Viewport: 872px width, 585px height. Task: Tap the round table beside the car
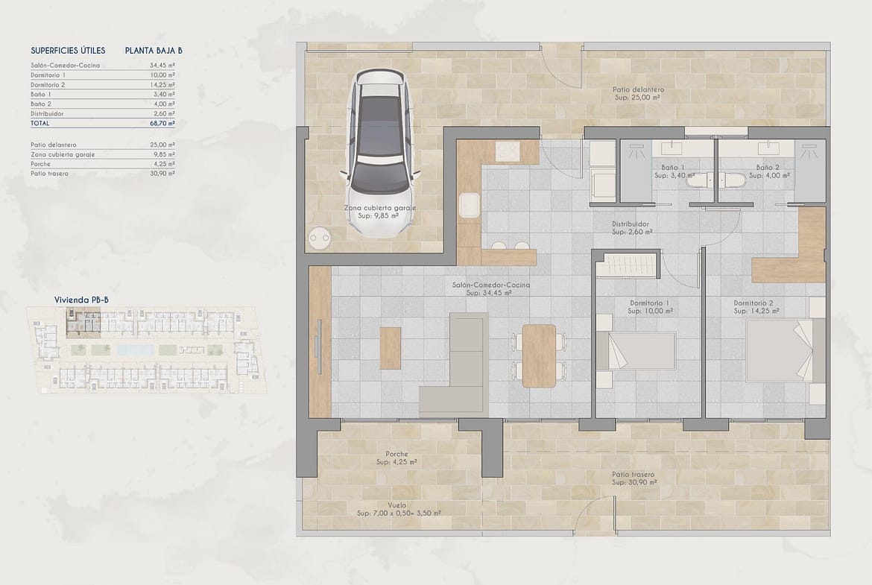click(320, 238)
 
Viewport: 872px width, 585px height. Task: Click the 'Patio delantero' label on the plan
click(638, 89)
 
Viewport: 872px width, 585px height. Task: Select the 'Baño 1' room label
click(673, 168)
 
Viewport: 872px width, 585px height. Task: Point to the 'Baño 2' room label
click(768, 168)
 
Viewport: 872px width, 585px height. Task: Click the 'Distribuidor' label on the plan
click(631, 224)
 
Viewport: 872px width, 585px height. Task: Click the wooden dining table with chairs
click(539, 356)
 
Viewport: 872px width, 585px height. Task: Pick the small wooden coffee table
click(391, 347)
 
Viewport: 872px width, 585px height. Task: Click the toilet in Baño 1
click(698, 180)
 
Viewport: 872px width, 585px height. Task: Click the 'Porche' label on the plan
click(396, 455)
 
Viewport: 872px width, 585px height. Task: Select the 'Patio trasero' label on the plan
click(633, 475)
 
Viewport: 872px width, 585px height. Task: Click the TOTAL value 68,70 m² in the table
click(162, 124)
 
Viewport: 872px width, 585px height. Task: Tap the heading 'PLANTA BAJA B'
click(154, 51)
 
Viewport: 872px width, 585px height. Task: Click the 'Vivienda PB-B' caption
click(81, 300)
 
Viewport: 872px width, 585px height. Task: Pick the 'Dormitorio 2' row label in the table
click(48, 85)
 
